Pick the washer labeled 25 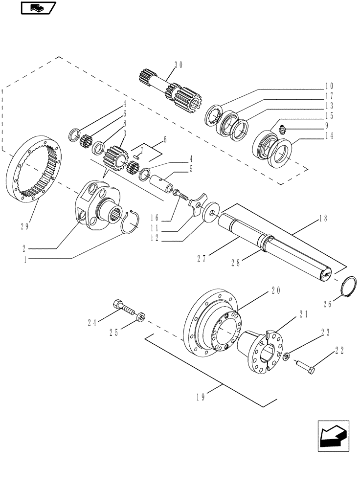point(141,318)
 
